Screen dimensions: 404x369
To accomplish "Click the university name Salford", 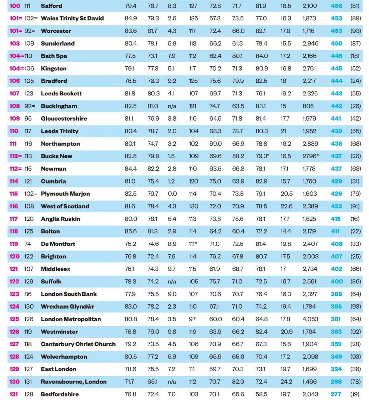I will point(51,6).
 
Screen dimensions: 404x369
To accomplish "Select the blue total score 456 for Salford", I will point(336,6).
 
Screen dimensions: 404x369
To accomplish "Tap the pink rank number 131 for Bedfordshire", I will point(14,394).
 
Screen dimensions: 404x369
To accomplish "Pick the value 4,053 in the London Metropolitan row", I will point(310,319).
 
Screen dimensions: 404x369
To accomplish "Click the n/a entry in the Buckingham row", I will point(172,106).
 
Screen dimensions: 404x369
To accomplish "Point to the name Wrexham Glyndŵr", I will point(67,307).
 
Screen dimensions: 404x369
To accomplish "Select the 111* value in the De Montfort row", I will point(193,244).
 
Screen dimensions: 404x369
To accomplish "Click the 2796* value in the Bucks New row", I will point(310,156).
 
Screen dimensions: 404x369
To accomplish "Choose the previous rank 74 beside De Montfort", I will point(28,244).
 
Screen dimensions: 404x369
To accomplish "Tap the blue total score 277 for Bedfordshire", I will point(336,394).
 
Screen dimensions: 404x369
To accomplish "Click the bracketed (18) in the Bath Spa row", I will point(355,56).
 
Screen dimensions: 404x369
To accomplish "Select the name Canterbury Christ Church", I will point(78,344).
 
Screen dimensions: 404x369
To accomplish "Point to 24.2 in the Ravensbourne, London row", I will point(286,382).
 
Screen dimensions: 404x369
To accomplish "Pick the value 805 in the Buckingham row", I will point(308,106).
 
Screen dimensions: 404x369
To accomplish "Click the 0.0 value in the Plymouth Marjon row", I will point(172,194).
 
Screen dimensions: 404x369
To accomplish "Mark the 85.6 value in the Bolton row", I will point(131,231).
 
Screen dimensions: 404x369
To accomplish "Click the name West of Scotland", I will point(65,206).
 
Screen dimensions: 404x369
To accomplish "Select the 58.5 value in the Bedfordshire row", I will point(261,394).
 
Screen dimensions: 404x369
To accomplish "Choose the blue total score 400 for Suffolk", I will point(336,281).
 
